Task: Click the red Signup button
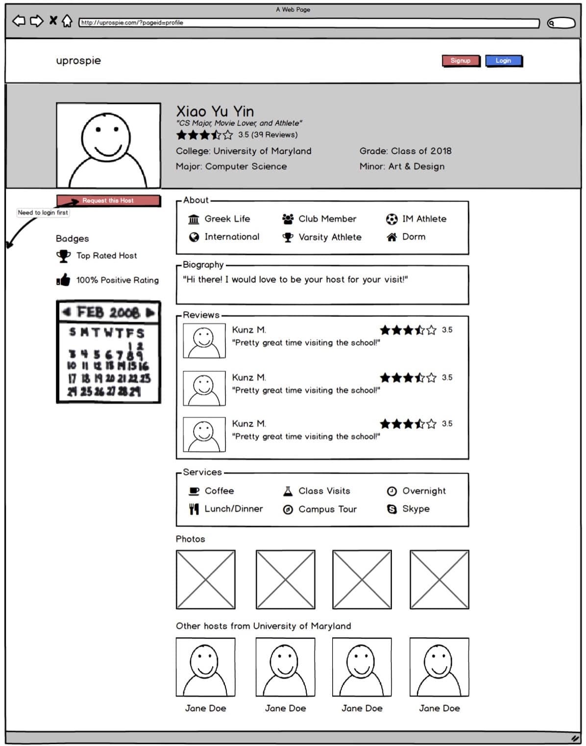pos(460,61)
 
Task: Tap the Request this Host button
pos(108,201)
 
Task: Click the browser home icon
pos(67,21)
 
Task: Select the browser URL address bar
pos(309,23)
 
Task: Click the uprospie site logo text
pos(78,61)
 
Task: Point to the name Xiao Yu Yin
pos(215,111)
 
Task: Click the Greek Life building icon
pos(194,219)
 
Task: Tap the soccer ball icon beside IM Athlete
pos(391,219)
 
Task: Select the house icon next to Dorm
pos(391,237)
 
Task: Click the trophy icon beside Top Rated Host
pos(63,256)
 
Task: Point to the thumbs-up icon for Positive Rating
pos(63,280)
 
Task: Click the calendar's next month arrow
pos(150,313)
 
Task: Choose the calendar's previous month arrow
pos(67,312)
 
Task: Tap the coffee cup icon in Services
pos(194,491)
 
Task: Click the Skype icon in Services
pos(391,509)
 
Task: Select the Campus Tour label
pos(327,509)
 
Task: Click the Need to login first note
pos(43,213)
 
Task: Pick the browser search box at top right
pos(561,23)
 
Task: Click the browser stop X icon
pos(53,21)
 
